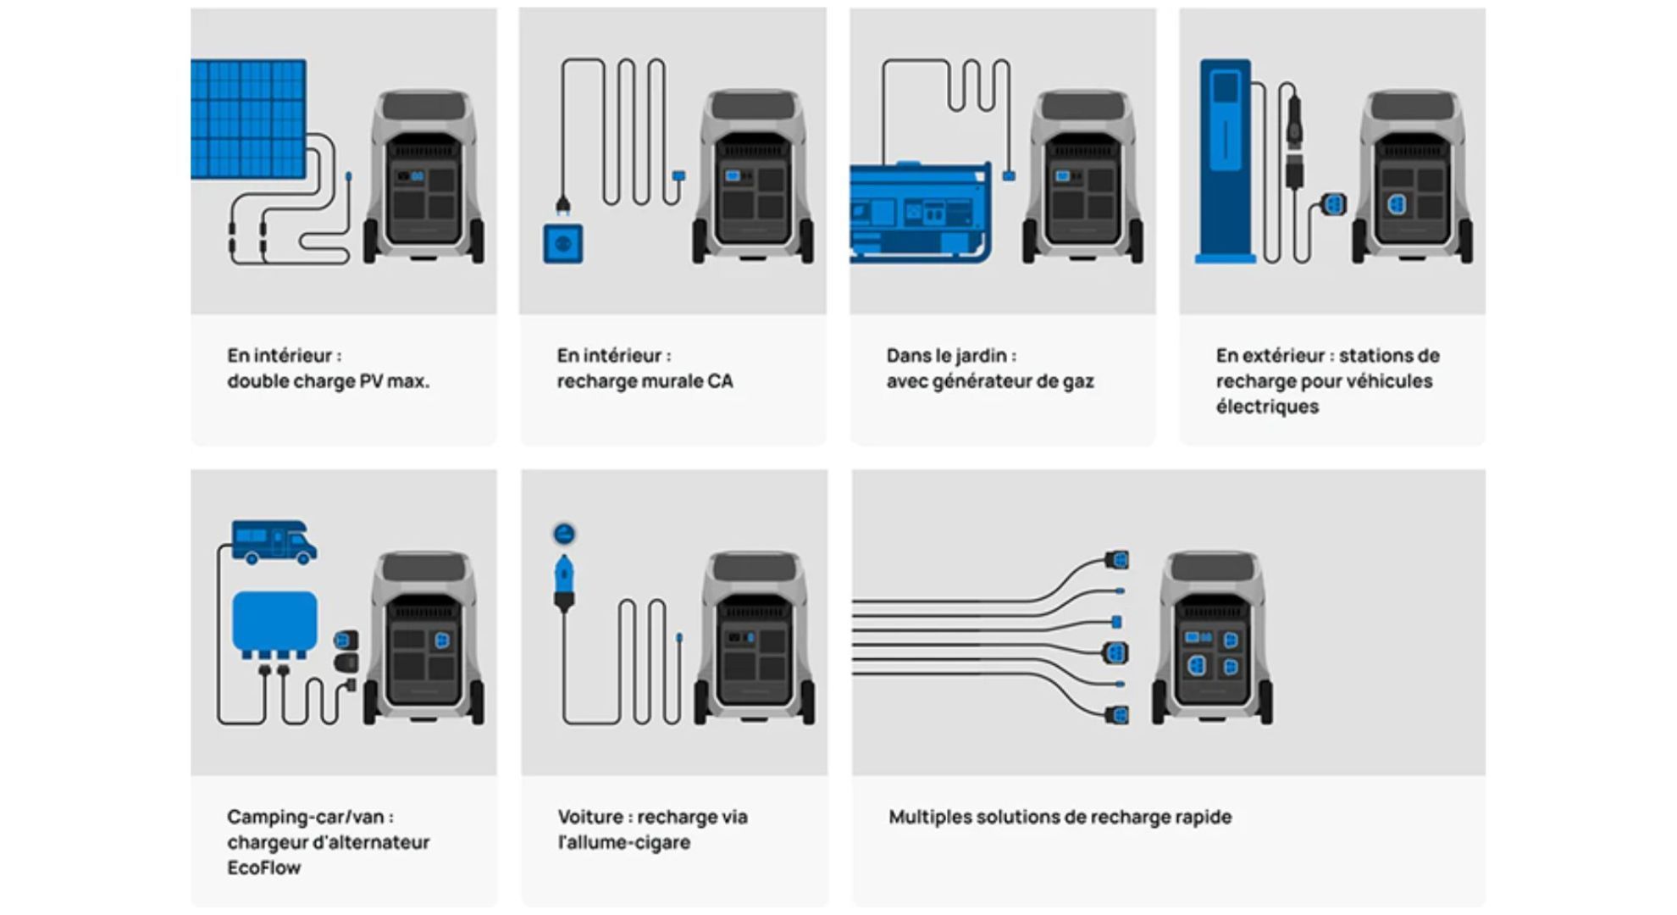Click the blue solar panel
(x=248, y=119)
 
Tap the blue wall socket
(x=563, y=244)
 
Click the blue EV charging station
(x=1225, y=161)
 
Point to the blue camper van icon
(x=274, y=542)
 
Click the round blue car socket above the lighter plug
(x=564, y=534)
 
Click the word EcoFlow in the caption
(x=263, y=868)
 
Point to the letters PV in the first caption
(x=370, y=381)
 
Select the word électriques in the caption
(x=1267, y=407)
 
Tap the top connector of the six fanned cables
(x=1117, y=560)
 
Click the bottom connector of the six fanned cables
(x=1117, y=716)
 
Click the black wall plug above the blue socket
(x=562, y=205)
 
